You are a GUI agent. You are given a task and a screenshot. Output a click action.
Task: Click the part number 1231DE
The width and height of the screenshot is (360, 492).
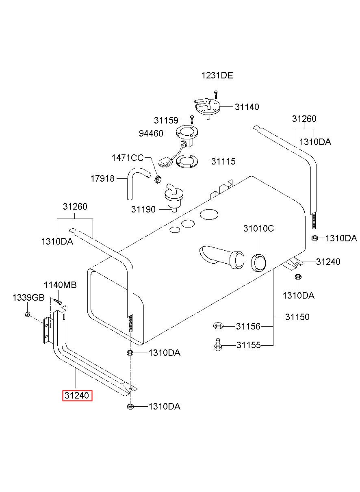tap(217, 76)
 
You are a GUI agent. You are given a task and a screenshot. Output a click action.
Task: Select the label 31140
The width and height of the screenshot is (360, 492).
tap(247, 107)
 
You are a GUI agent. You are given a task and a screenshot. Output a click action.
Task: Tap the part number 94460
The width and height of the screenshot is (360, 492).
tap(151, 133)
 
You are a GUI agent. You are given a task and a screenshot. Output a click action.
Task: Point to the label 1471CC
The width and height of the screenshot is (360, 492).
tap(128, 158)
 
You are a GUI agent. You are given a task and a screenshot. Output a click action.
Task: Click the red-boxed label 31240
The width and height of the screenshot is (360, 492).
tap(77, 395)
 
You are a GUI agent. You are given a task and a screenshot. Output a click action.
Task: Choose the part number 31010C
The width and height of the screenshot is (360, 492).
tap(258, 229)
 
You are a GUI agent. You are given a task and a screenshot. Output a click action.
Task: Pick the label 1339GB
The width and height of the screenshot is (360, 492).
tap(28, 298)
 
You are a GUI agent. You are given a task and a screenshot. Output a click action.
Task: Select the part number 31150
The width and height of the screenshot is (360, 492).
tap(297, 317)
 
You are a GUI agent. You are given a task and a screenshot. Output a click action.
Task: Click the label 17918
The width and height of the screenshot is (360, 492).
tap(102, 179)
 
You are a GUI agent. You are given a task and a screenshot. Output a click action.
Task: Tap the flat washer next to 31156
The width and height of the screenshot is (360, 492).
tap(218, 325)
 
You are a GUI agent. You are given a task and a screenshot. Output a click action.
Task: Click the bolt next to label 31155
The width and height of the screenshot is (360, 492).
tap(217, 345)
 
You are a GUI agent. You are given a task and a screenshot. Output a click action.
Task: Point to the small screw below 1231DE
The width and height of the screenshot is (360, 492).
tap(216, 95)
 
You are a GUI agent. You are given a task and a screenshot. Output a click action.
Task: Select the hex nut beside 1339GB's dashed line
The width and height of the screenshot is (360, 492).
tap(28, 314)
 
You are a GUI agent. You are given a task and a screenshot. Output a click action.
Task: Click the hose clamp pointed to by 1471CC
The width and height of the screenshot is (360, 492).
tap(157, 179)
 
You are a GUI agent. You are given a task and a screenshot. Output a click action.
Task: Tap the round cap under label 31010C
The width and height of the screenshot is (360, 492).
tap(258, 262)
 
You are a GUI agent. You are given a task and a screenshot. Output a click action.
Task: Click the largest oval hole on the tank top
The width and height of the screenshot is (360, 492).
tap(209, 214)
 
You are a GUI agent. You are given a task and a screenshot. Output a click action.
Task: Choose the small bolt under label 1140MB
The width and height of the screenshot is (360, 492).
tap(58, 301)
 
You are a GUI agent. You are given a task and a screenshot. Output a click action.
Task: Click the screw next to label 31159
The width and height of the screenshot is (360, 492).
tap(192, 120)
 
